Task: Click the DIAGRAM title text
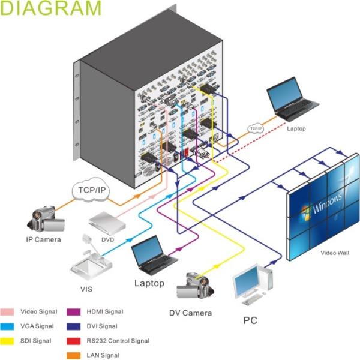[51, 8]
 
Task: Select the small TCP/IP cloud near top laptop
[257, 128]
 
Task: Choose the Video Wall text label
[335, 253]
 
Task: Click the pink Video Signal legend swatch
[7, 312]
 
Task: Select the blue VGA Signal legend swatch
[7, 326]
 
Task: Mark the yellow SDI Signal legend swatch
[7, 341]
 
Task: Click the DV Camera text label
[191, 313]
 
